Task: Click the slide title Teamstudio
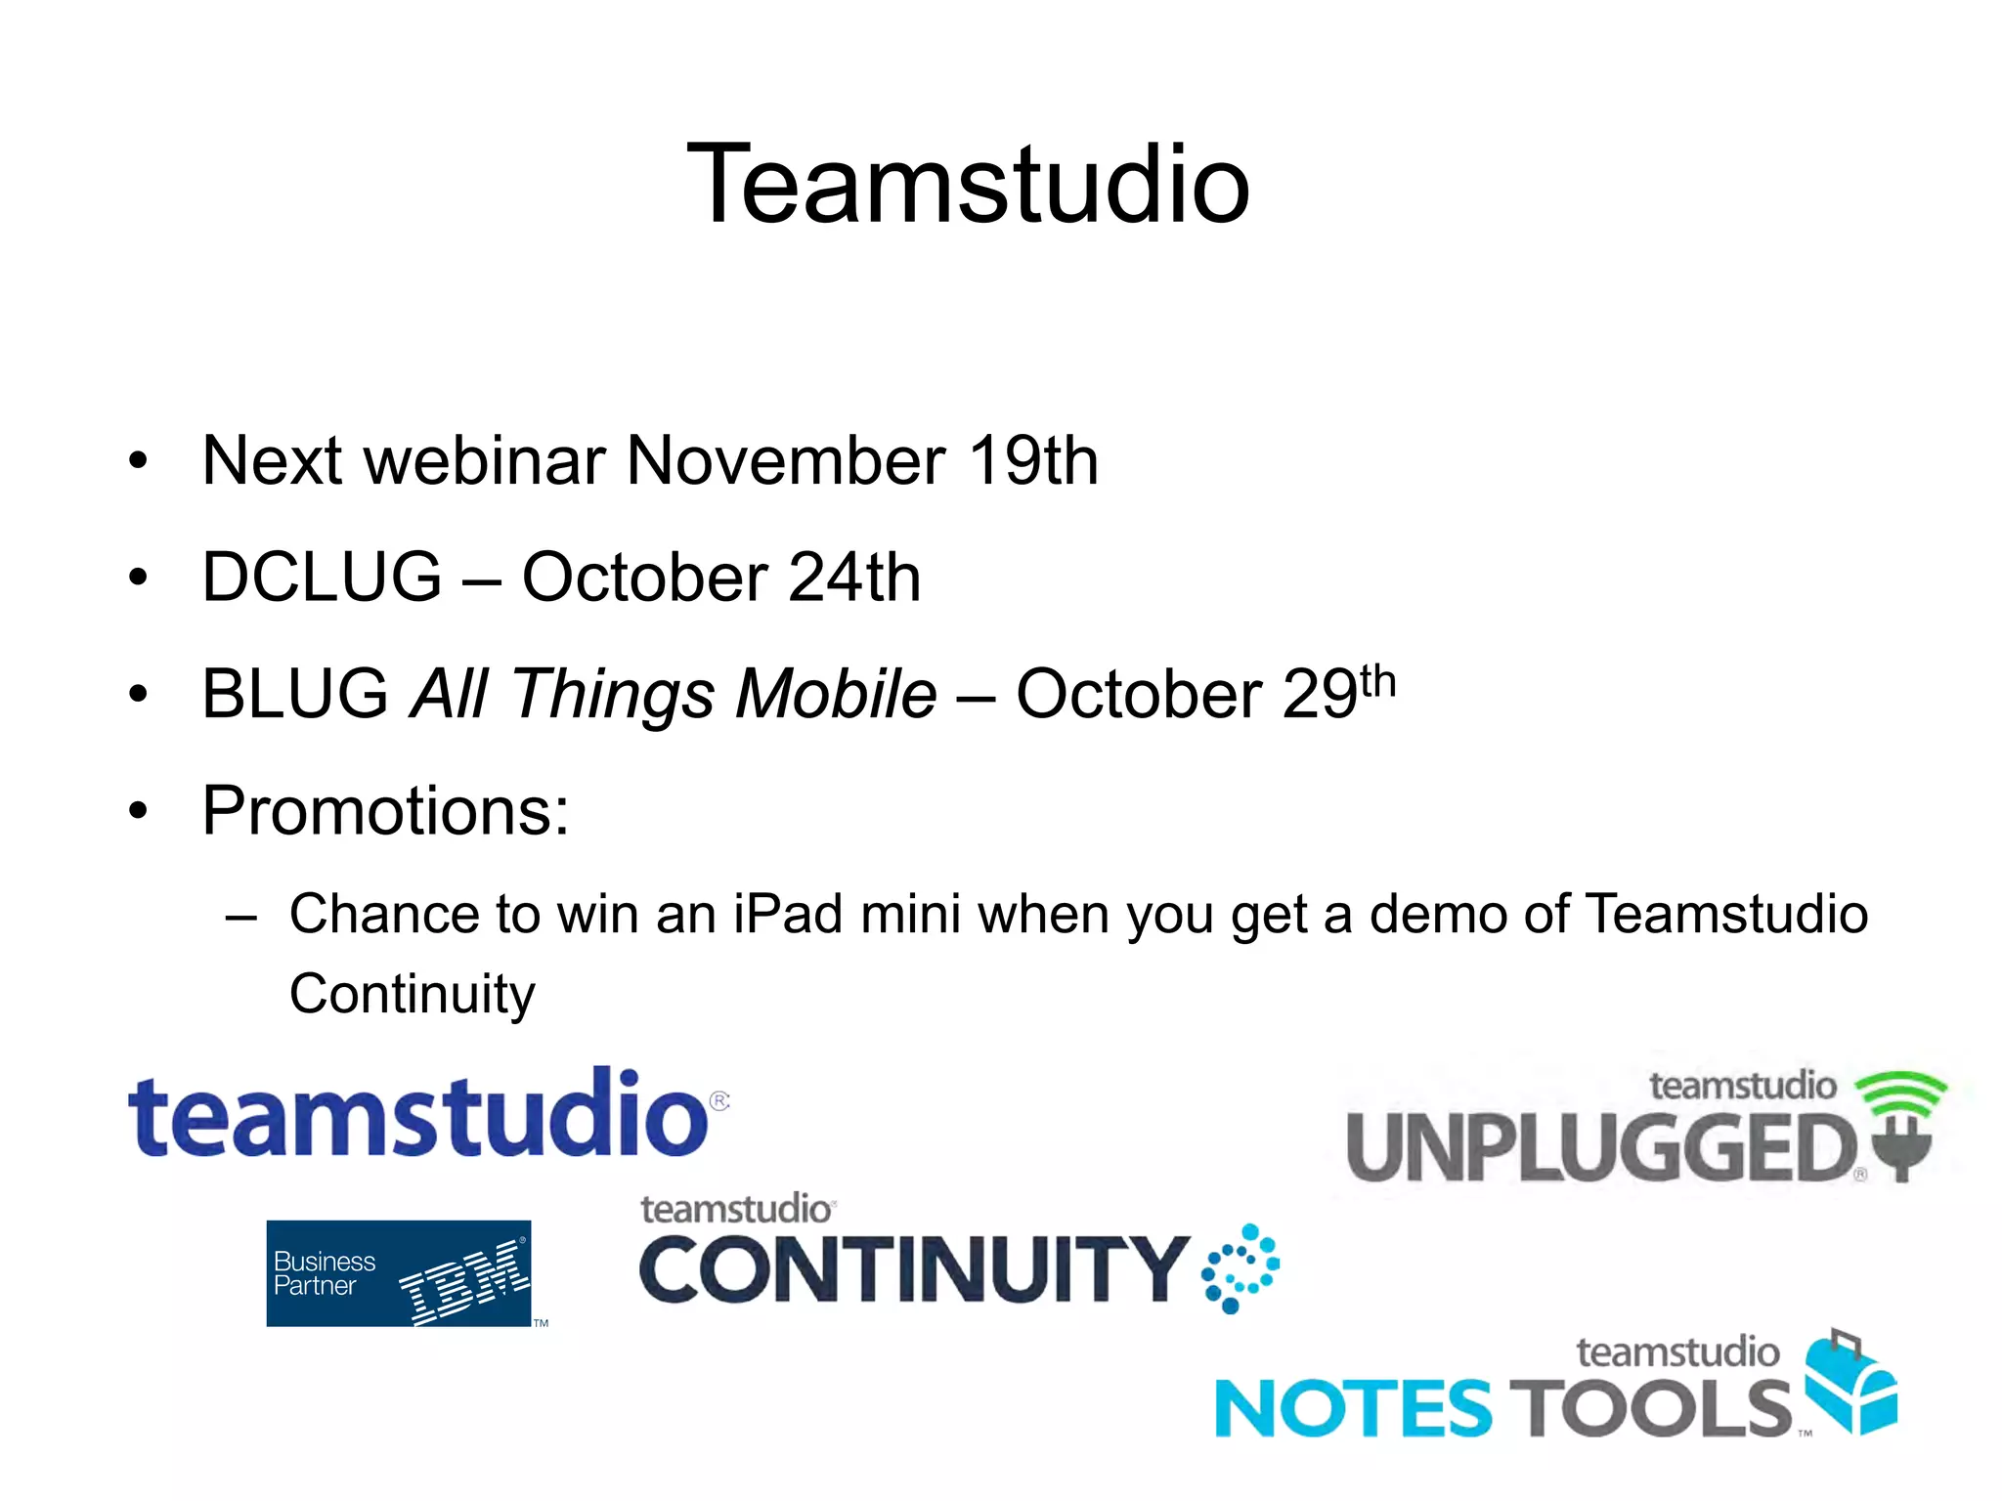[x=968, y=184]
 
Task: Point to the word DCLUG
[x=322, y=577]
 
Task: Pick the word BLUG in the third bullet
[x=295, y=694]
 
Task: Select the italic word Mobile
[x=836, y=694]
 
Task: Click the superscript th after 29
[x=1377, y=681]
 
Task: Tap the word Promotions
[x=385, y=811]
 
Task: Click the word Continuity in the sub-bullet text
[x=413, y=995]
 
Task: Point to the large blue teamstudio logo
[x=420, y=1114]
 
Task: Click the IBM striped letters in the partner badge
[x=464, y=1280]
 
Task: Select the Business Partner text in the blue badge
[x=324, y=1273]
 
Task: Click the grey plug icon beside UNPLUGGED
[x=1901, y=1153]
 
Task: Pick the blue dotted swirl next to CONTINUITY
[x=1240, y=1267]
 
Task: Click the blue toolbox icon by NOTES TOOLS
[x=1850, y=1382]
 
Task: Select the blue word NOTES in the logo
[x=1353, y=1408]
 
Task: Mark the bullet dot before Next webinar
[x=138, y=460]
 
